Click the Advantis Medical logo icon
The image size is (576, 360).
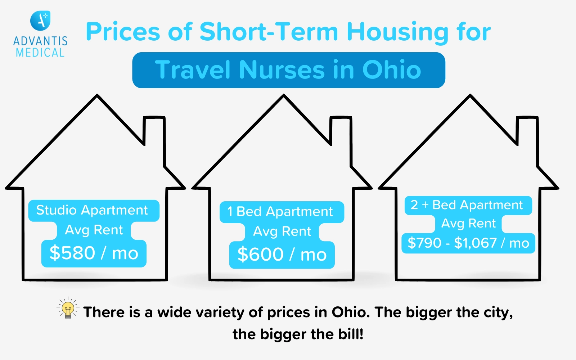pyautogui.click(x=40, y=21)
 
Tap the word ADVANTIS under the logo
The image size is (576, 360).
pyautogui.click(x=40, y=41)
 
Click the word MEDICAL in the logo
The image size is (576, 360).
pyautogui.click(x=40, y=53)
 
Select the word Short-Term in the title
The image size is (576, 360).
pyautogui.click(x=269, y=32)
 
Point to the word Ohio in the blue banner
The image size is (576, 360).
pyautogui.click(x=391, y=69)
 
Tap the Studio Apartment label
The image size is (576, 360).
pyautogui.click(x=92, y=210)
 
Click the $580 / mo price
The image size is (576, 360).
pyautogui.click(x=94, y=253)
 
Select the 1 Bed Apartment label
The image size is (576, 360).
pyautogui.click(x=280, y=212)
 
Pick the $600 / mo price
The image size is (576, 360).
pyautogui.click(x=282, y=255)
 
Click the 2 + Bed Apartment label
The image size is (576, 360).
pyautogui.click(x=467, y=205)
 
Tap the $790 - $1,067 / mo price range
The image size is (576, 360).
pyautogui.click(x=468, y=243)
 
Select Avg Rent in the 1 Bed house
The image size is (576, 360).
pyautogui.click(x=282, y=231)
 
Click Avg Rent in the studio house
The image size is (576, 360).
pyautogui.click(x=94, y=230)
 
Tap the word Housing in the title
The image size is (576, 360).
pyautogui.click(x=397, y=32)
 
